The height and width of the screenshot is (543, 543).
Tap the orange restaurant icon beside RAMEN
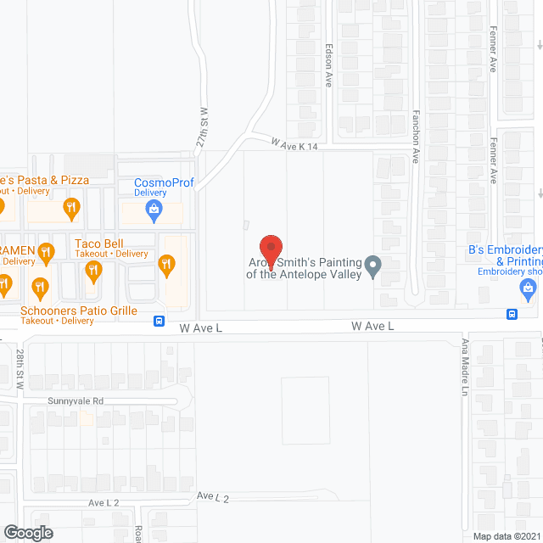pyautogui.click(x=48, y=251)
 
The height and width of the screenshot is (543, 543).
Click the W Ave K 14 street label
pyautogui.click(x=294, y=146)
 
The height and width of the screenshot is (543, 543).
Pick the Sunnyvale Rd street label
pyautogui.click(x=75, y=400)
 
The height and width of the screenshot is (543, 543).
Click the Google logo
pyautogui.click(x=27, y=532)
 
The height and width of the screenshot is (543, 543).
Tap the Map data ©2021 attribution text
pyautogui.click(x=505, y=535)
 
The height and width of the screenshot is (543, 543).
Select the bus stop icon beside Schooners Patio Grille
pyautogui.click(x=159, y=321)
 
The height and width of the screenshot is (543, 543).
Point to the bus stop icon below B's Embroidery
pyautogui.click(x=512, y=314)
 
